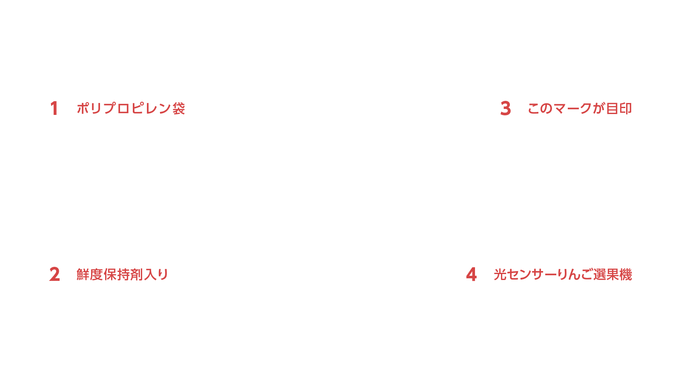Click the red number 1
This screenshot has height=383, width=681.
(x=54, y=108)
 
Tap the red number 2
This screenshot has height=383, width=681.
(x=54, y=274)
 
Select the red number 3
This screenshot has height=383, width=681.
(x=506, y=108)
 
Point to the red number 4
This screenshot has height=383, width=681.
(x=471, y=274)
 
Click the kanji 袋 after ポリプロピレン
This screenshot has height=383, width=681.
(x=179, y=109)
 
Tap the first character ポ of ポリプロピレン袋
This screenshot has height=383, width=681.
(x=83, y=108)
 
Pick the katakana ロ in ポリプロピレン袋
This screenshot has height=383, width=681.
(x=124, y=109)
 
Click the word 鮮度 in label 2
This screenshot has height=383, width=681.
(x=90, y=274)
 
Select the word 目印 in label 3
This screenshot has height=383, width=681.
(x=619, y=109)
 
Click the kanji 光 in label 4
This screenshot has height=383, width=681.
(x=500, y=274)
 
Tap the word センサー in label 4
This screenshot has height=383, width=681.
(x=532, y=274)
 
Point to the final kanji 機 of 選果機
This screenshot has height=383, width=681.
(x=626, y=274)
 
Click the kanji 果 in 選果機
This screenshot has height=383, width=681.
(x=612, y=274)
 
